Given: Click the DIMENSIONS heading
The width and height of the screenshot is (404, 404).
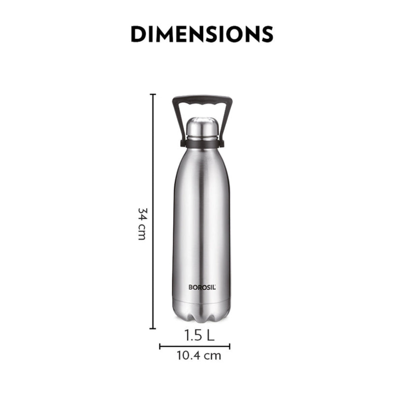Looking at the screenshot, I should pos(202,34).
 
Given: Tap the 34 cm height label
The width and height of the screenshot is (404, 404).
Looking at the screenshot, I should pos(142,224).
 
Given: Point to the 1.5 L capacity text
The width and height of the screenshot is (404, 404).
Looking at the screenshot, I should pos(199,335).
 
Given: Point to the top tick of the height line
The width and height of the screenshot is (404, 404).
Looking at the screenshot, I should pos(154,95).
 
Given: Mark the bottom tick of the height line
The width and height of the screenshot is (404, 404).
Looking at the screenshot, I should pos(154,328).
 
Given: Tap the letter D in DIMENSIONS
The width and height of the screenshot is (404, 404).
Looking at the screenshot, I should pos(138,34).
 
